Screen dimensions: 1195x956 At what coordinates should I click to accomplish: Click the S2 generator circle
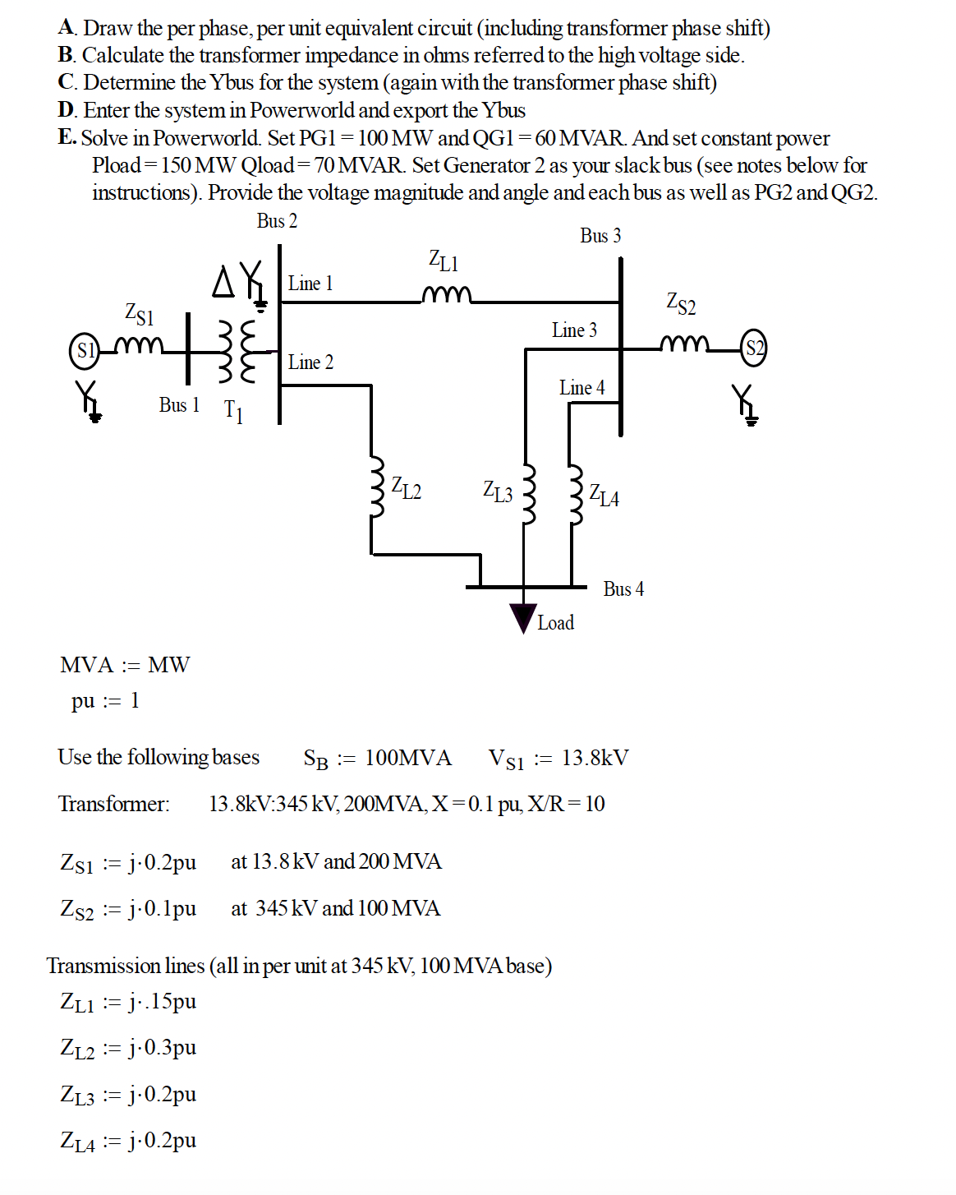coord(754,348)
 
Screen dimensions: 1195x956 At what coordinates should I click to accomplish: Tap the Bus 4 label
coord(623,589)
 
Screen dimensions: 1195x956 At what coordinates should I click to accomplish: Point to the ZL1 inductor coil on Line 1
coord(447,295)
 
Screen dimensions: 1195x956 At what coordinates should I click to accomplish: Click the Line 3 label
coord(574,330)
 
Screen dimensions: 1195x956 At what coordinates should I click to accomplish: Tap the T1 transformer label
coord(233,410)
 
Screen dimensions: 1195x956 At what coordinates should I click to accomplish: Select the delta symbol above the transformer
coord(223,281)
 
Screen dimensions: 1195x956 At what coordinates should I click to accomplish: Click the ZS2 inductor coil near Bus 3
coord(684,343)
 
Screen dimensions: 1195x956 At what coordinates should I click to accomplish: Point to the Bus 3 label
coord(600,236)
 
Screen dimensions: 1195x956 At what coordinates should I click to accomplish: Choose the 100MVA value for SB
coord(407,758)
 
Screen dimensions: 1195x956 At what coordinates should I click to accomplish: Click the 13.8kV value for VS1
coord(595,758)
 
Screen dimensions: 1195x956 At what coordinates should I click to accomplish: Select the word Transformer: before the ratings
coord(114,804)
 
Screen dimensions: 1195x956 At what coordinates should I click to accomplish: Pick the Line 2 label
coord(310,362)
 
